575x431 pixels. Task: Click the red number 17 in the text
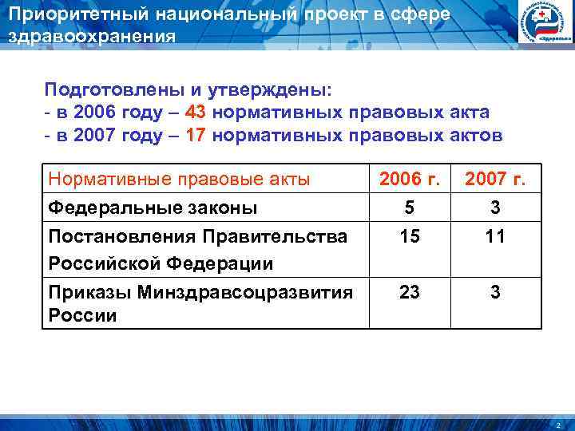[x=194, y=136]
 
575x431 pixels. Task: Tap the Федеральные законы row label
[x=153, y=208]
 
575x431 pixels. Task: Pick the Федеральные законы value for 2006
[x=410, y=208]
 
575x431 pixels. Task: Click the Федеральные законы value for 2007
[x=495, y=208]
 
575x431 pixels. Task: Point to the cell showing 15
[x=410, y=237]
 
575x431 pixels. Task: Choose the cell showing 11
[x=495, y=237]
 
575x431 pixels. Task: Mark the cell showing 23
[x=410, y=292]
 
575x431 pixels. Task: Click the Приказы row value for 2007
[x=495, y=292]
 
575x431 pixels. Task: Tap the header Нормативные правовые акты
[x=179, y=180]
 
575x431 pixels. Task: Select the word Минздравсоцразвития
[x=245, y=292]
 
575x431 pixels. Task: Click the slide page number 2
[x=560, y=423]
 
